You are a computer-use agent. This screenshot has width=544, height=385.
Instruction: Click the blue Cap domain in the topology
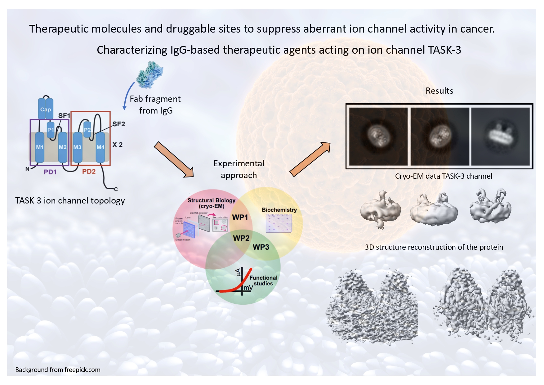(46, 109)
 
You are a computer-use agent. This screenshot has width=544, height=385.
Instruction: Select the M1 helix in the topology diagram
(40, 147)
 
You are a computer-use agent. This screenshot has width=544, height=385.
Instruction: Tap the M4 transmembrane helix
(100, 147)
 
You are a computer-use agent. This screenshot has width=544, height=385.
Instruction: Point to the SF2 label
(118, 124)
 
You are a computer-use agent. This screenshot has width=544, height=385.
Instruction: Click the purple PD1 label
(50, 172)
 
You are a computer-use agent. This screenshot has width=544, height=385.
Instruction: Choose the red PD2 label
(89, 172)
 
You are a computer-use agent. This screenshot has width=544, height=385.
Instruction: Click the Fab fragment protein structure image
(150, 74)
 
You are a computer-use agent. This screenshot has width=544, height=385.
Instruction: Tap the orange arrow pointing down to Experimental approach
(174, 160)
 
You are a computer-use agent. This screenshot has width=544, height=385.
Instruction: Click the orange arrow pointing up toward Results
(310, 159)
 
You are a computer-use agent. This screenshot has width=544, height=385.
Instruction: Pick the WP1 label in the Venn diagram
(240, 217)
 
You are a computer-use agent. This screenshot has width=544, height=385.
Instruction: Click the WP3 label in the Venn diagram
(261, 247)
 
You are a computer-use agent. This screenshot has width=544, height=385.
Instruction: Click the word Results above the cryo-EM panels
(439, 91)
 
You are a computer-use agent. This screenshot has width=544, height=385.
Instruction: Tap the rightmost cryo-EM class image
(500, 137)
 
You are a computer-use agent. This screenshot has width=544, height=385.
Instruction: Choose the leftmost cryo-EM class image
(378, 137)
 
